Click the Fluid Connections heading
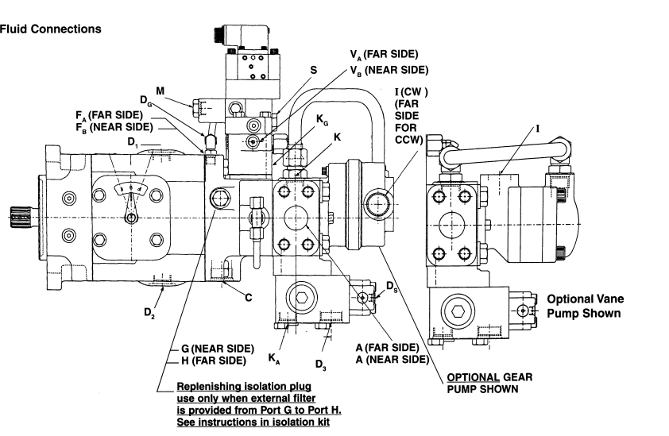click(50, 29)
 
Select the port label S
click(314, 71)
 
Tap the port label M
click(160, 91)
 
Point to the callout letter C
click(249, 297)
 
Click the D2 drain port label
click(149, 313)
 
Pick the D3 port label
click(321, 365)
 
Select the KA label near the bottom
click(274, 359)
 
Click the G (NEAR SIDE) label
click(218, 349)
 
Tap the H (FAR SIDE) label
click(214, 361)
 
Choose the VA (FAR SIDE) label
click(384, 55)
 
